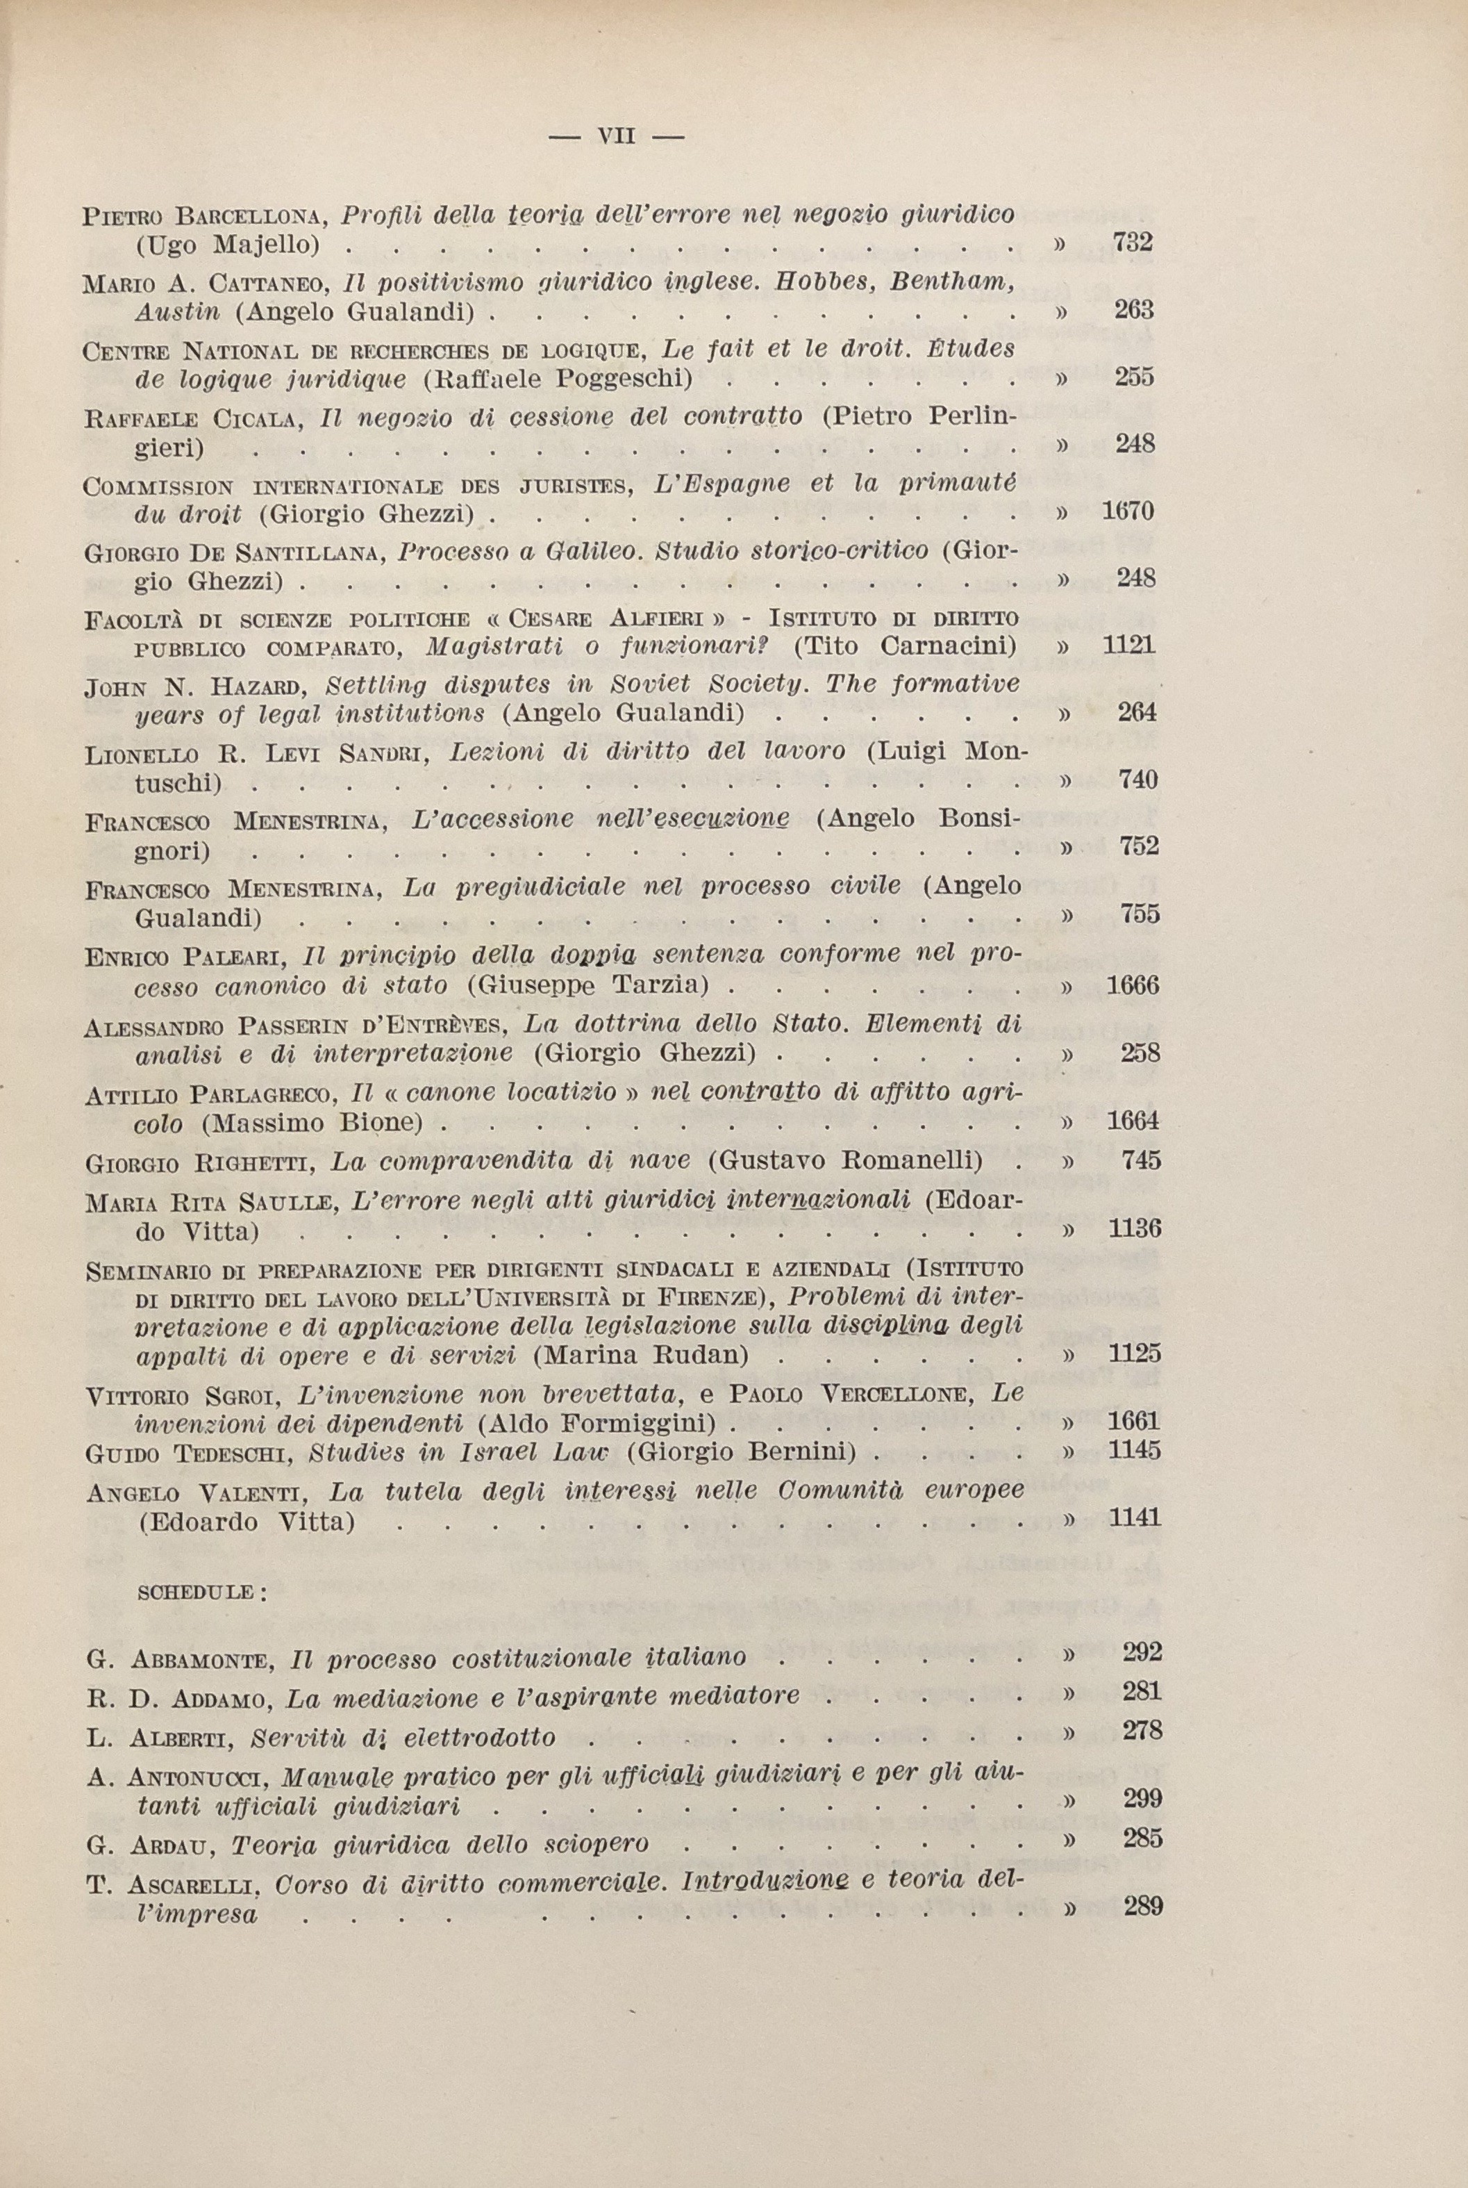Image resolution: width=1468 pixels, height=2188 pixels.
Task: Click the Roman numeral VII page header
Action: [616, 137]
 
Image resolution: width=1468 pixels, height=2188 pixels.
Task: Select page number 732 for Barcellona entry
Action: [1133, 242]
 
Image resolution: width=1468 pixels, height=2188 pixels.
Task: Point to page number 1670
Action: [1128, 511]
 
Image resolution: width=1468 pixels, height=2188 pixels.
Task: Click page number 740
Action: [1138, 780]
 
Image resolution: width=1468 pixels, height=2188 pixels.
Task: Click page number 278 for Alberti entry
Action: [1142, 1730]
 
